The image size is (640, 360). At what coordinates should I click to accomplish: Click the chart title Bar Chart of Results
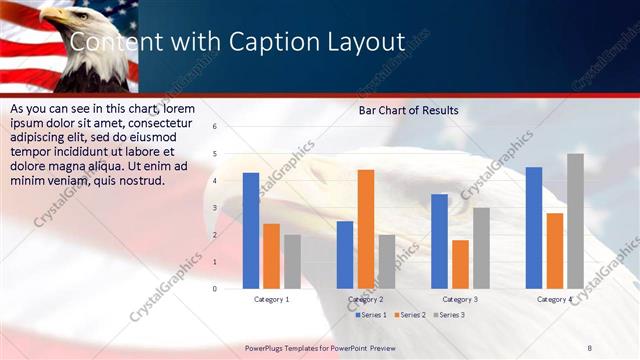[408, 111]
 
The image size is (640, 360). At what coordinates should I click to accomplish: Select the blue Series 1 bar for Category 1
[251, 230]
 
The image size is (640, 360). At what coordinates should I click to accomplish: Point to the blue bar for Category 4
[534, 227]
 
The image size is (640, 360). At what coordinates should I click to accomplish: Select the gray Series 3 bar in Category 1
[292, 261]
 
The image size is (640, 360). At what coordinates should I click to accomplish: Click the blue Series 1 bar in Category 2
[345, 254]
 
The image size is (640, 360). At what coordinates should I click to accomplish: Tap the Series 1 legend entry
[373, 315]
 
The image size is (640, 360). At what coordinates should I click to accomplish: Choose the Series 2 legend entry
[410, 315]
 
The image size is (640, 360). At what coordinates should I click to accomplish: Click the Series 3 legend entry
[448, 315]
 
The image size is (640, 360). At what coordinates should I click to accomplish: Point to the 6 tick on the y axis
[215, 126]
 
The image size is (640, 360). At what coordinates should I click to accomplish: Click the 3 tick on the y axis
[215, 207]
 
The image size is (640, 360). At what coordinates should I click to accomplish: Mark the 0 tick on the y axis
[215, 288]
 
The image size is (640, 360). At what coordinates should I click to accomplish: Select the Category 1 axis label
[272, 299]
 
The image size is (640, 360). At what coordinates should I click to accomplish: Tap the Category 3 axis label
[460, 299]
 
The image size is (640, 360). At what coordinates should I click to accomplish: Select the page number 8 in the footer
[589, 347]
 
